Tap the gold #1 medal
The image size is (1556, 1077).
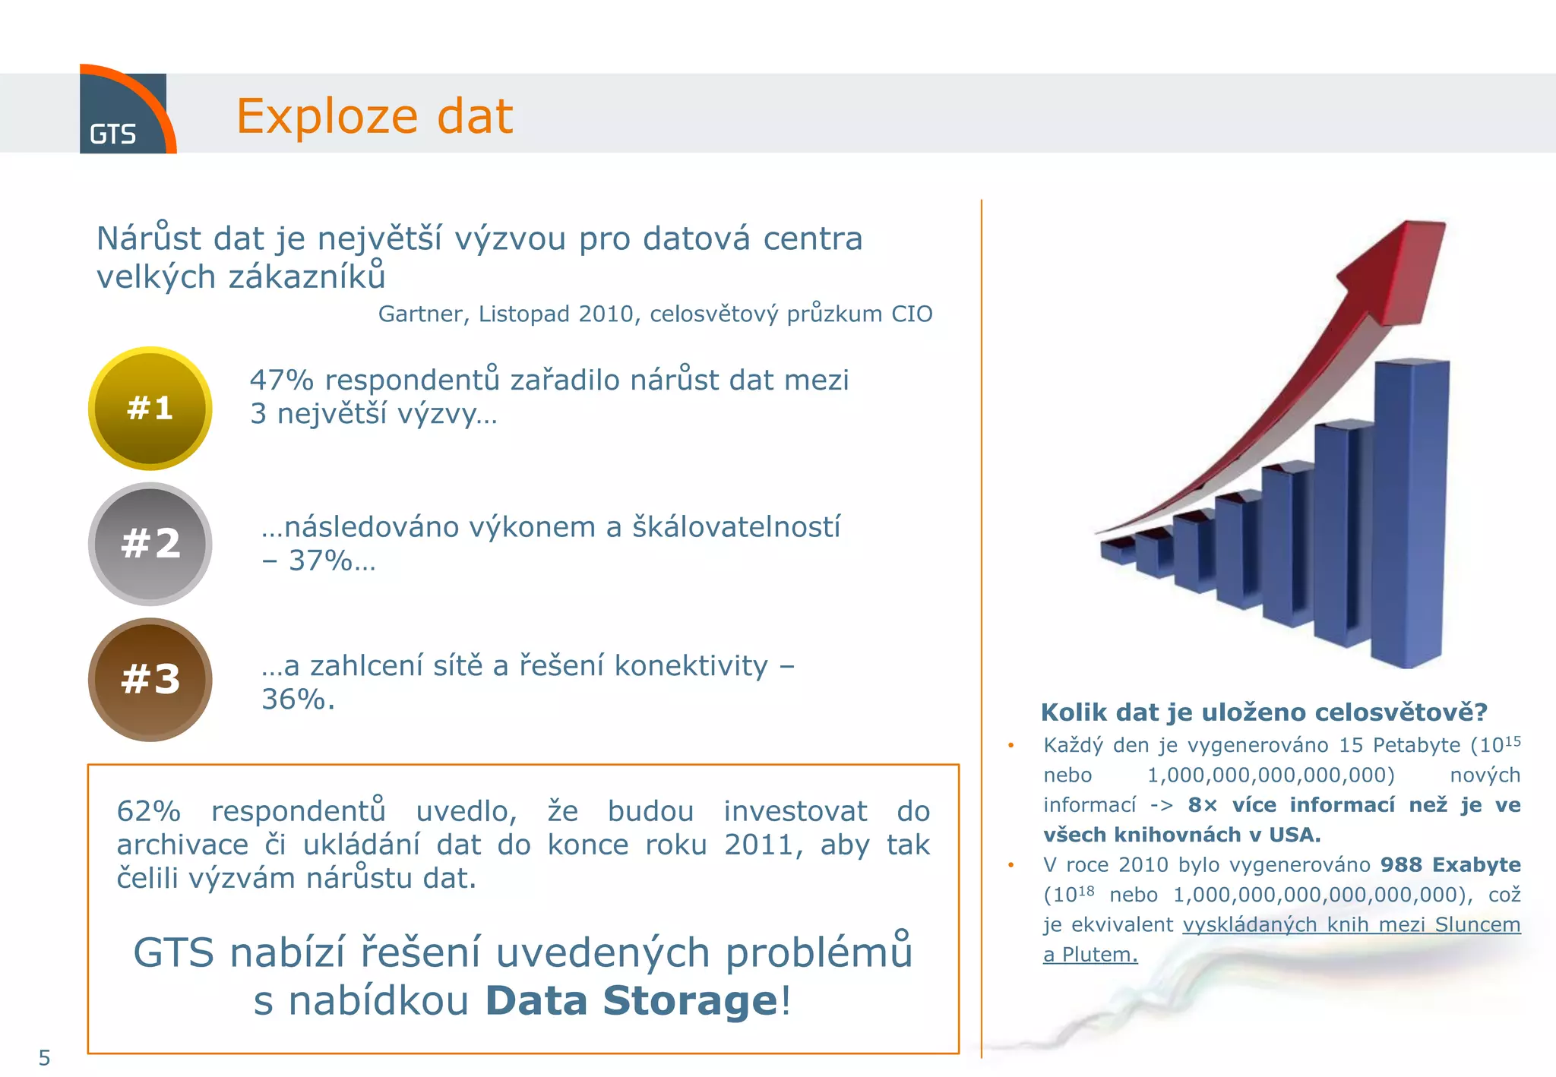[x=150, y=409]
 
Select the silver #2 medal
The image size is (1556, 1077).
[x=150, y=544]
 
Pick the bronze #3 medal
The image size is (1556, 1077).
[x=150, y=679]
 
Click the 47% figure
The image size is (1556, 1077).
[x=281, y=380]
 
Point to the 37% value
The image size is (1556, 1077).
[x=320, y=561]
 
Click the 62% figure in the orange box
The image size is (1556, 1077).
[x=149, y=811]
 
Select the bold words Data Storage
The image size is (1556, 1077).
[x=631, y=1000]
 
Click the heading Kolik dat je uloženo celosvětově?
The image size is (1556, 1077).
[x=1263, y=712]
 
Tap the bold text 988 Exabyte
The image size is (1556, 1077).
[x=1450, y=864]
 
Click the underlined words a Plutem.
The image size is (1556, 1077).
[x=1090, y=955]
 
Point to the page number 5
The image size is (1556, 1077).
[x=44, y=1057]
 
